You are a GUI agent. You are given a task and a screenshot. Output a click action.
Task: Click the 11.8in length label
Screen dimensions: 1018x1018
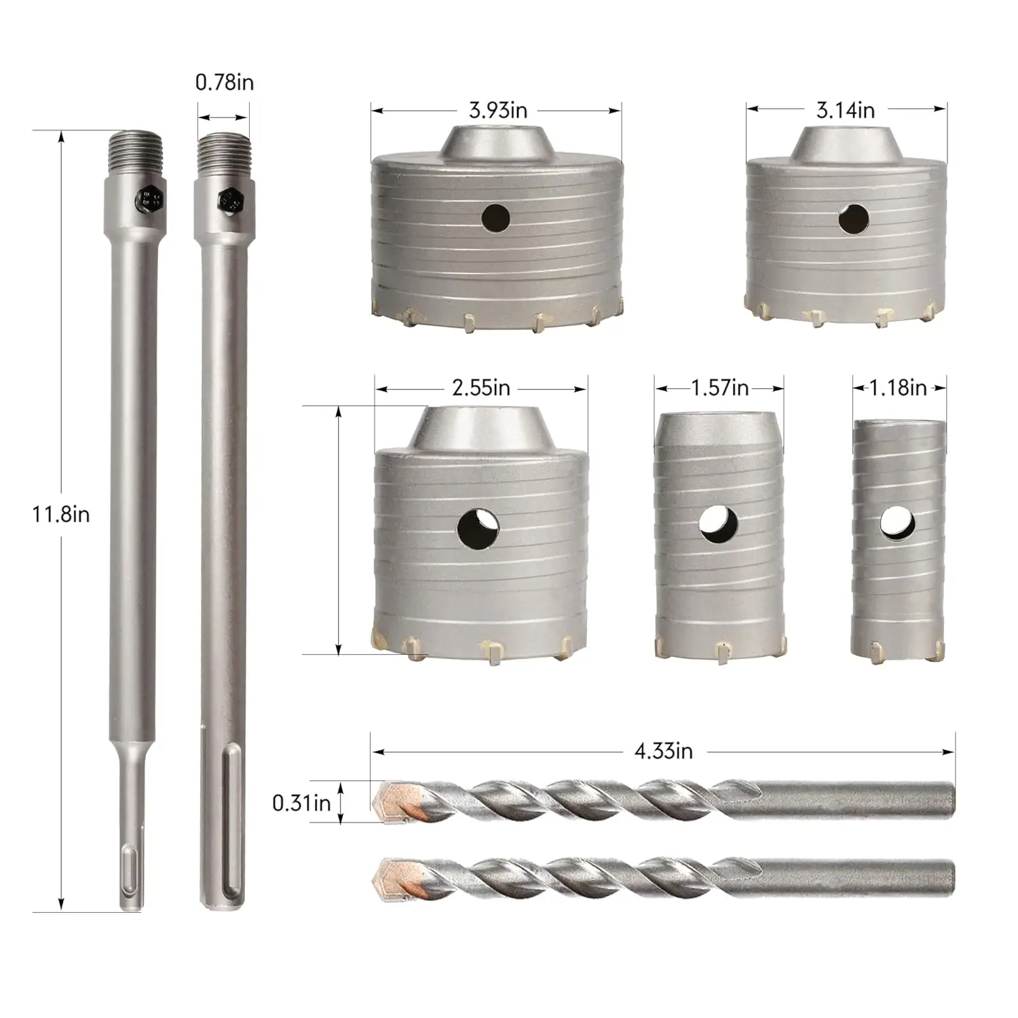pyautogui.click(x=61, y=514)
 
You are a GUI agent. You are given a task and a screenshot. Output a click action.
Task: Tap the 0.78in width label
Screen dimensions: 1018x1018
pyautogui.click(x=224, y=83)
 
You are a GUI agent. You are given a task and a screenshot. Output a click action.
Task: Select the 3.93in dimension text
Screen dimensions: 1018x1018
pyautogui.click(x=497, y=110)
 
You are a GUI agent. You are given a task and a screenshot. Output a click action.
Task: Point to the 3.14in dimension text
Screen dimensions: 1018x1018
pyautogui.click(x=845, y=110)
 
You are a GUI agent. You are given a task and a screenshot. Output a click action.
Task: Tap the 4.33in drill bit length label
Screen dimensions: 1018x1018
pyautogui.click(x=663, y=751)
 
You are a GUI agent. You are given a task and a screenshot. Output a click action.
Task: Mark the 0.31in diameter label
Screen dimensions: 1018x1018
pyautogui.click(x=301, y=803)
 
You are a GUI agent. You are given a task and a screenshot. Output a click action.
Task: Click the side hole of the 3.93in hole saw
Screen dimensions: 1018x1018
pyautogui.click(x=496, y=217)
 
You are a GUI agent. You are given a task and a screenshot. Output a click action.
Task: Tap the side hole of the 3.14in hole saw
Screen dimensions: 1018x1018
pyautogui.click(x=852, y=219)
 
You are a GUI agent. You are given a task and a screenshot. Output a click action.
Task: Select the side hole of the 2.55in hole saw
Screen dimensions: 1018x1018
pyautogui.click(x=478, y=528)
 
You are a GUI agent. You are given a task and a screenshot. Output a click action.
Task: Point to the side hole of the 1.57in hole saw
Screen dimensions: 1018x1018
pyautogui.click(x=719, y=523)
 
